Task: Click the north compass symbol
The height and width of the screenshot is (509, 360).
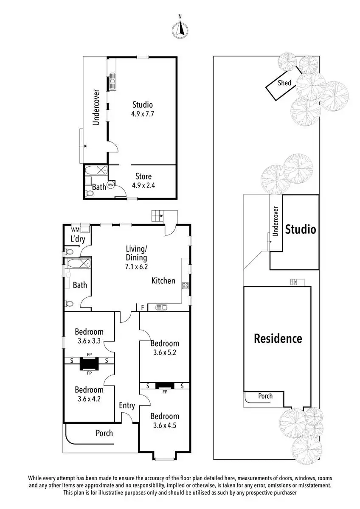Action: [x=180, y=30]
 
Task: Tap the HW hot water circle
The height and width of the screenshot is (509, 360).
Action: [x=111, y=185]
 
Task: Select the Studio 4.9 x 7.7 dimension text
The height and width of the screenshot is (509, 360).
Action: [x=142, y=114]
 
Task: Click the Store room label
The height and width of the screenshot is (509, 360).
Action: [x=143, y=176]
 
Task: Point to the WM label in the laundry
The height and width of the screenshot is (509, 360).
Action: [x=75, y=230]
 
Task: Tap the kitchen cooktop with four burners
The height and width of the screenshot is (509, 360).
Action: [x=185, y=285]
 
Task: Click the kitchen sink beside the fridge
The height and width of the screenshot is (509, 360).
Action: [x=161, y=308]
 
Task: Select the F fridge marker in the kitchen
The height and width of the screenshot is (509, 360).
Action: [x=143, y=308]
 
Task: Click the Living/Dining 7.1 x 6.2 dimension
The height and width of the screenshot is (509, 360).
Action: [x=136, y=266]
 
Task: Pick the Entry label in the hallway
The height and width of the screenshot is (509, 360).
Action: [x=127, y=405]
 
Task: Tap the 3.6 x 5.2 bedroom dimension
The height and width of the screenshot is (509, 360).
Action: [x=164, y=352]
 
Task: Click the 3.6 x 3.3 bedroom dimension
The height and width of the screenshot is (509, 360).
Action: [x=89, y=341]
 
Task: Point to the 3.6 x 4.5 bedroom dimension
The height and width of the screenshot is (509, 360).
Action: [x=164, y=425]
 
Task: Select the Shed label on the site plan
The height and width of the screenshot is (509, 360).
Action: [x=284, y=83]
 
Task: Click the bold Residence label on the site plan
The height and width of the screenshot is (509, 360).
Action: [x=278, y=338]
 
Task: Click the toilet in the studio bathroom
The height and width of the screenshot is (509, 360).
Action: [x=89, y=193]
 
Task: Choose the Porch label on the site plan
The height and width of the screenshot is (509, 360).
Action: [x=265, y=396]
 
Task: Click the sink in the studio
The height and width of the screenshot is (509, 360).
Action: [x=112, y=81]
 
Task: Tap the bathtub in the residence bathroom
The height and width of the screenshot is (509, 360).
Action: [x=79, y=263]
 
